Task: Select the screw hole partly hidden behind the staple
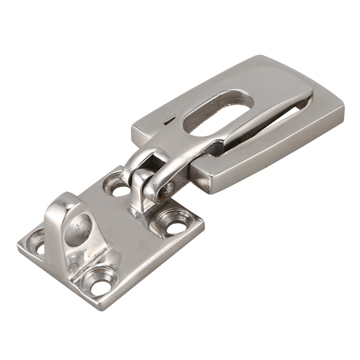point(36,243)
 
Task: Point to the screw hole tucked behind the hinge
point(116,186)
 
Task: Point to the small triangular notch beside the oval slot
point(169,121)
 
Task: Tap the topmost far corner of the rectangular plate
point(260,57)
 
